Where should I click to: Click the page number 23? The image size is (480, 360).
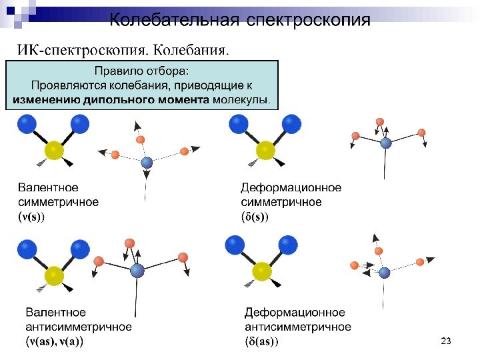click(447, 342)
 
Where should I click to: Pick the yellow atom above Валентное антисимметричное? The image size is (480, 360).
click(54, 275)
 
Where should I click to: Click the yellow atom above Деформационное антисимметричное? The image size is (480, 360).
click(263, 271)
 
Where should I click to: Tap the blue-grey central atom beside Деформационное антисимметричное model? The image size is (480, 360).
click(385, 272)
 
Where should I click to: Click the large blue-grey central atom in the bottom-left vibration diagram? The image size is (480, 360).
click(137, 270)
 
